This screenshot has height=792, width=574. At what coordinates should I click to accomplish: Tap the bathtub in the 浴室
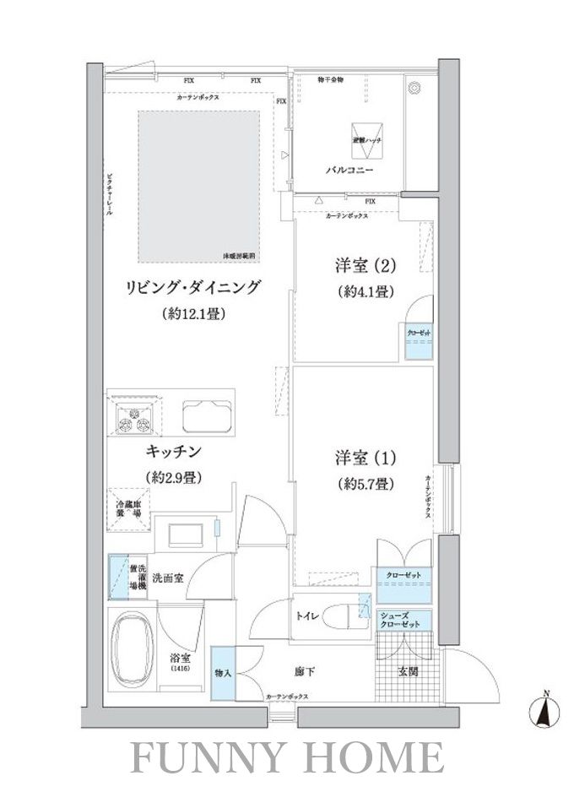pyautogui.click(x=134, y=646)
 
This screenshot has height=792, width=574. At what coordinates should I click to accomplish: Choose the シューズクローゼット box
pyautogui.click(x=401, y=620)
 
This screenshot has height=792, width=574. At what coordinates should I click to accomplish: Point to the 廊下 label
pyautogui.click(x=305, y=672)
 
